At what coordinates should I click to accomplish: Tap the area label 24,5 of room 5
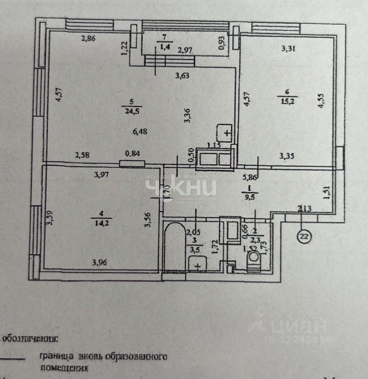(x=132, y=112)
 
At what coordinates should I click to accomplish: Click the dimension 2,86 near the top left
(x=89, y=39)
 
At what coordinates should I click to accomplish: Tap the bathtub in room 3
(x=174, y=247)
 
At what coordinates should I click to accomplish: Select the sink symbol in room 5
(x=225, y=132)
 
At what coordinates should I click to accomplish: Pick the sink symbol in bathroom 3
(x=199, y=264)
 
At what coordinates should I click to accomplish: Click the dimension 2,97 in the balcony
(x=185, y=50)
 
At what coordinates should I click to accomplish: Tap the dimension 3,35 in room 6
(x=287, y=156)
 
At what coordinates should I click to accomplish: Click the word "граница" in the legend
(x=56, y=357)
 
